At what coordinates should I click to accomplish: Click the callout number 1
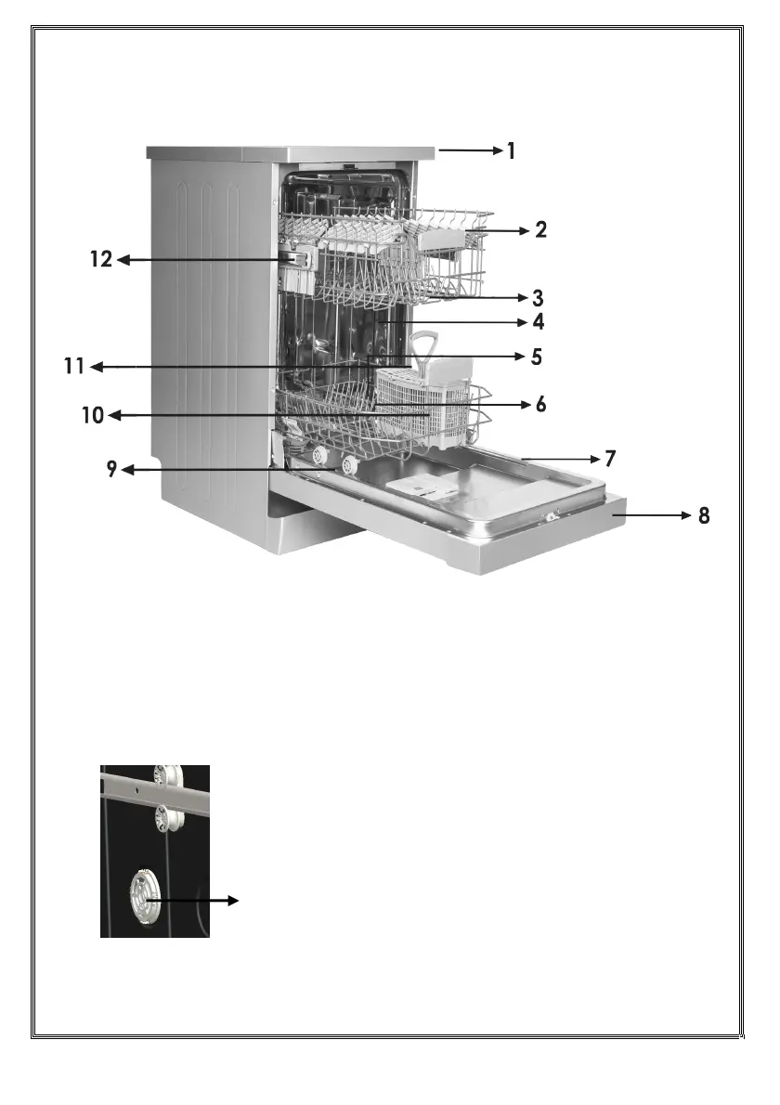coord(511,149)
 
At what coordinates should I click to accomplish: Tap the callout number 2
coord(540,230)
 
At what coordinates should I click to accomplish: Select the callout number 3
coord(538,299)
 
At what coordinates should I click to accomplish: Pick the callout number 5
coord(536,357)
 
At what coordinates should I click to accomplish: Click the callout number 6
coord(540,405)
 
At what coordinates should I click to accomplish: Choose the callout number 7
coord(610,459)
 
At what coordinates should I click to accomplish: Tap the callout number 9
coord(110,470)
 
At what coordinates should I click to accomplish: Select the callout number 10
coord(93,415)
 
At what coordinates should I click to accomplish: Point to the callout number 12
coord(100,261)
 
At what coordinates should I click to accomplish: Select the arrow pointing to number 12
coord(186,261)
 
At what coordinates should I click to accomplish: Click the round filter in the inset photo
coord(149,897)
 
